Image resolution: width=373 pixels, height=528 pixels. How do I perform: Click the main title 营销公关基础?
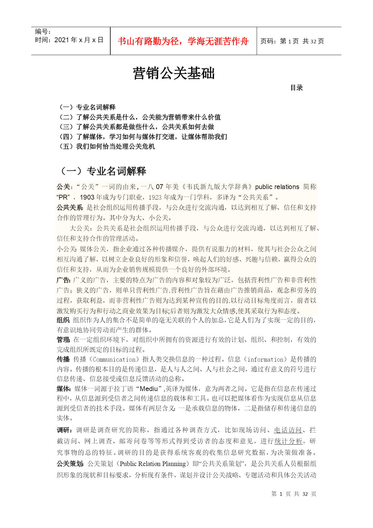click(174, 73)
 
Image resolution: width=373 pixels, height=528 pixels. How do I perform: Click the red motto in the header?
click(183, 41)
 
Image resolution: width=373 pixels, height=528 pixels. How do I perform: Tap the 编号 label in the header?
click(42, 32)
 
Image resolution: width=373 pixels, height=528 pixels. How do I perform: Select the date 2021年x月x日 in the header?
click(79, 40)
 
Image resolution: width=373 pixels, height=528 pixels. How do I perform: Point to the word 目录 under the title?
click(296, 88)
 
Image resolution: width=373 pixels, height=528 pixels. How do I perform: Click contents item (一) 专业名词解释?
click(87, 107)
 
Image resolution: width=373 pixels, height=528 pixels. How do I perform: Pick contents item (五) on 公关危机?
click(107, 147)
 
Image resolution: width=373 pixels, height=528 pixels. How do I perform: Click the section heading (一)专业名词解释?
click(102, 171)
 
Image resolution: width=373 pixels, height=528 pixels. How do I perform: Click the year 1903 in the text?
click(87, 197)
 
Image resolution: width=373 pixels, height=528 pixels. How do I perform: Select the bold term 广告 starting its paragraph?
click(63, 280)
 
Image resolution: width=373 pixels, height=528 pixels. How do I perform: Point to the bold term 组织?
click(63, 320)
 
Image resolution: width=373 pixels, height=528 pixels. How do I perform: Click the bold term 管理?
click(63, 340)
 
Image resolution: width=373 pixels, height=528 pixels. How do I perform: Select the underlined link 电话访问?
click(288, 430)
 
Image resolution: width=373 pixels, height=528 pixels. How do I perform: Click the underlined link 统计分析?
click(288, 441)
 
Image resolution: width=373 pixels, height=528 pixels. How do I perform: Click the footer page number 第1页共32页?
click(294, 494)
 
